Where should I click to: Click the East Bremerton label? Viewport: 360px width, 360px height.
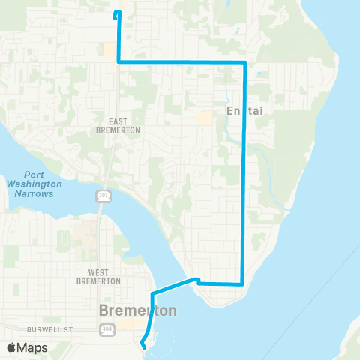tap(124, 125)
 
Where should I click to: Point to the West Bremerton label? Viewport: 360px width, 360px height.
tap(98, 277)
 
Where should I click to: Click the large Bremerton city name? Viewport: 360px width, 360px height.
tap(138, 310)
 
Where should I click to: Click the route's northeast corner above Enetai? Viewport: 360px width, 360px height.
tap(245, 62)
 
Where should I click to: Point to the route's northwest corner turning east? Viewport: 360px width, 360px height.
tap(118, 62)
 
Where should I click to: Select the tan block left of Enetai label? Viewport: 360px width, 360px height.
tap(204, 118)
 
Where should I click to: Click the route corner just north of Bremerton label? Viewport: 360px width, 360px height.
tap(153, 292)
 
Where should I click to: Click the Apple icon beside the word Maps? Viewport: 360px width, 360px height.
tap(11, 347)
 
